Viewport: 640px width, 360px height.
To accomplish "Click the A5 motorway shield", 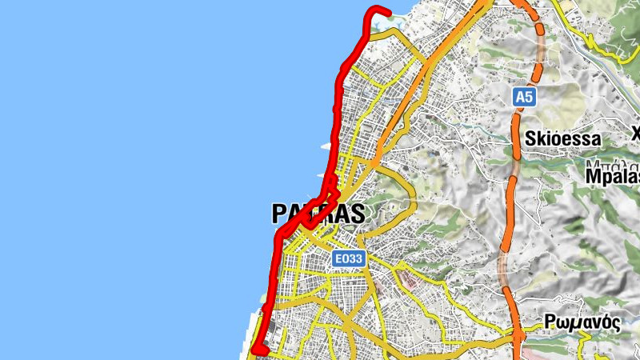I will (523, 97).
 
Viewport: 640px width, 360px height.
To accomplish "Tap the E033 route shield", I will (349, 258).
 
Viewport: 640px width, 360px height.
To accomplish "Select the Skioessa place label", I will (562, 139).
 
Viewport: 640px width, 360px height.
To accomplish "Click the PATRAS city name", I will (318, 214).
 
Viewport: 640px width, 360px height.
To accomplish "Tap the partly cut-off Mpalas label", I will (613, 176).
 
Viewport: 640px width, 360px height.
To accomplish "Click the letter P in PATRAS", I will (279, 214).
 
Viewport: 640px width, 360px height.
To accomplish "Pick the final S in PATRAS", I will (357, 214).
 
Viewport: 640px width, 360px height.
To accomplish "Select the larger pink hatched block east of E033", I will (407, 280).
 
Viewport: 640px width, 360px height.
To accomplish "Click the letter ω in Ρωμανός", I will (562, 323).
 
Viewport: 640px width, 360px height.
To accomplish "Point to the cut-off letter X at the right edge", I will (636, 133).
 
